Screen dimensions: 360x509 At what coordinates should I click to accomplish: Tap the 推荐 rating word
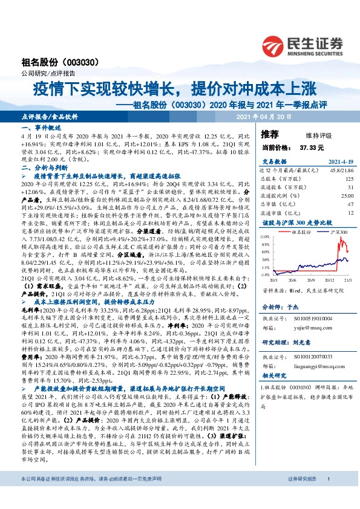coord(269,133)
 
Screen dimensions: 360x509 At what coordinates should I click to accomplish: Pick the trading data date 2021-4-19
coord(338,161)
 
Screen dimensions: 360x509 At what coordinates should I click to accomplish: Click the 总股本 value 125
coord(349,179)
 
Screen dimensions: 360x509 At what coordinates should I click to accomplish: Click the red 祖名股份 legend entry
coord(298,232)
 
